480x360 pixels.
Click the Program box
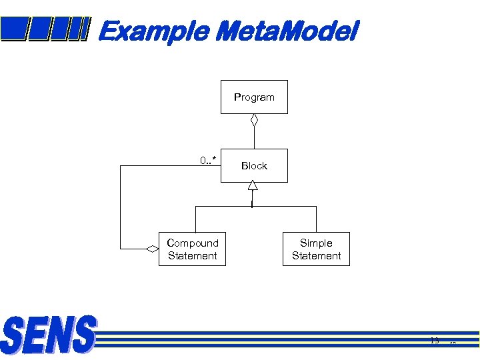point(254,97)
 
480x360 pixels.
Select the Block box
point(254,165)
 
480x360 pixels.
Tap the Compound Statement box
point(192,249)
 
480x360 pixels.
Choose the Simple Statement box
point(316,249)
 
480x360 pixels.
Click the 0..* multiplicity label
point(208,160)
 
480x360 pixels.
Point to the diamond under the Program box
point(254,121)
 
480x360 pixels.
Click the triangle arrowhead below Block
point(253,186)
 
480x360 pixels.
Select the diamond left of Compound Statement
point(152,249)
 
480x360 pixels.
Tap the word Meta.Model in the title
point(287,31)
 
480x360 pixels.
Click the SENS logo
point(49,335)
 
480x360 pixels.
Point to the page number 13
point(435,341)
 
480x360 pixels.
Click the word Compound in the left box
point(193,243)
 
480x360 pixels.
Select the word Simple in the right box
point(316,243)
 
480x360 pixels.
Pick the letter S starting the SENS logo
point(14,336)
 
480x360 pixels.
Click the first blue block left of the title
point(13,29)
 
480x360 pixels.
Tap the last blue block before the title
point(78,29)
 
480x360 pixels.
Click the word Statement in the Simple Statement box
point(316,256)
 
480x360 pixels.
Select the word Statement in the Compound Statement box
point(193,256)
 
